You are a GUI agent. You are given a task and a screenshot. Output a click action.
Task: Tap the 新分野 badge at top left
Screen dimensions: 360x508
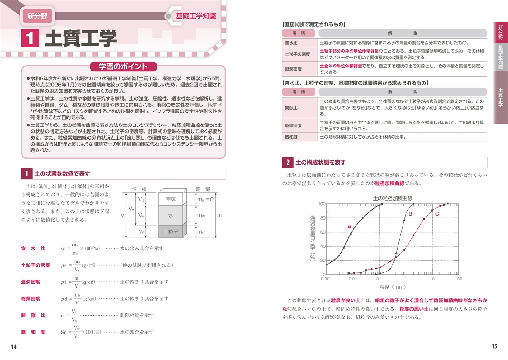pos(37,17)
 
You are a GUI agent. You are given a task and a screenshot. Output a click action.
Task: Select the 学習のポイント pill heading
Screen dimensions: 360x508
pos(123,66)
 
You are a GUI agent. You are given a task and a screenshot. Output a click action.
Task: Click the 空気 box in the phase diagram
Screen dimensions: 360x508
pos(171,199)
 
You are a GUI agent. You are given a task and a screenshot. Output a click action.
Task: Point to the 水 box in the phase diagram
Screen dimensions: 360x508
pos(171,215)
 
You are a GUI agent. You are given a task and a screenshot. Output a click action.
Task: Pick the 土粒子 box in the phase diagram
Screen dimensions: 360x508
pos(171,232)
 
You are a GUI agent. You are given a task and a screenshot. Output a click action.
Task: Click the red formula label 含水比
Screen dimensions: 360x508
pos(33,248)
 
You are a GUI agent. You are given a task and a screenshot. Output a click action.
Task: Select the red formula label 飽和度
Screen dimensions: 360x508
pos(33,332)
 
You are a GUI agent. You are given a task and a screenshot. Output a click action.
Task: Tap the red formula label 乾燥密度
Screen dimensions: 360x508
pos(30,299)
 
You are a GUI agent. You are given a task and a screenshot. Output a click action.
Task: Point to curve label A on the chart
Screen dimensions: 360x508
pos(349,227)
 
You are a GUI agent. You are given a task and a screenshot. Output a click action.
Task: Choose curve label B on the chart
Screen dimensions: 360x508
pos(410,214)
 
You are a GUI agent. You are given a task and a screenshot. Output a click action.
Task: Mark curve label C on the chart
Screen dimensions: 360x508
pos(437,214)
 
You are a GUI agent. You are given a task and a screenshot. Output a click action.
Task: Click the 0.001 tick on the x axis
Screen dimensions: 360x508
pos(326,279)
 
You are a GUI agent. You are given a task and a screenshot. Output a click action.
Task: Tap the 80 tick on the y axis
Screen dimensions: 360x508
pos(322,218)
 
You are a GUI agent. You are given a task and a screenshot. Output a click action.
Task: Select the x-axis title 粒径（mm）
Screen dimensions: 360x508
pos(392,287)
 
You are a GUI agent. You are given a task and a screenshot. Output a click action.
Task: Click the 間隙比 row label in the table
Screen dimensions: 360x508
pos(291,108)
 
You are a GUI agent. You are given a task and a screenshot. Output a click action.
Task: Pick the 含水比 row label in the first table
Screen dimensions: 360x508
pos(291,43)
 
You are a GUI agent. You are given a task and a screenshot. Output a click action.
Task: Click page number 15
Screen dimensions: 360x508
pos(494,347)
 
